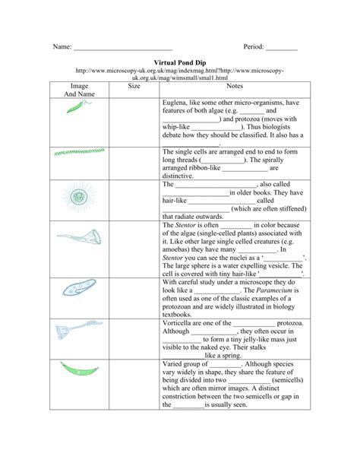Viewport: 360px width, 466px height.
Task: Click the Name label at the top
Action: pyautogui.click(x=61, y=47)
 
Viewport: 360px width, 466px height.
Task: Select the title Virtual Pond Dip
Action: pyautogui.click(x=180, y=63)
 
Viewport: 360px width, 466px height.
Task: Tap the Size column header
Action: pyautogui.click(x=134, y=87)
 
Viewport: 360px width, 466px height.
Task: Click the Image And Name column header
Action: pyautogui.click(x=79, y=91)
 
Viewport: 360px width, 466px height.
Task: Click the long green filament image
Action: pyautogui.click(x=79, y=152)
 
